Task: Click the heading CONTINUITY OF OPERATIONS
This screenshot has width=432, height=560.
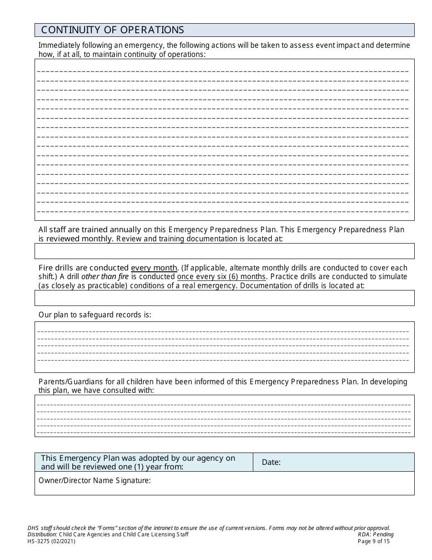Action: tap(112, 30)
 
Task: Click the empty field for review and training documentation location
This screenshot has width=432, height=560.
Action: tap(224, 251)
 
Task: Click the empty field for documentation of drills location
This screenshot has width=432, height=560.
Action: tap(224, 298)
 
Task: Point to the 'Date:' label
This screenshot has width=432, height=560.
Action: tap(271, 463)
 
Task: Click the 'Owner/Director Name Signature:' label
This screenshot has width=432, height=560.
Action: tap(95, 480)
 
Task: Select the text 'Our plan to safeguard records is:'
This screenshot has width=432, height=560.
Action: tap(95, 315)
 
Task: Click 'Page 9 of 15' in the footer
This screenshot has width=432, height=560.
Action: tap(374, 541)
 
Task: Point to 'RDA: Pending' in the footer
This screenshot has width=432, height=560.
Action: tap(376, 535)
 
